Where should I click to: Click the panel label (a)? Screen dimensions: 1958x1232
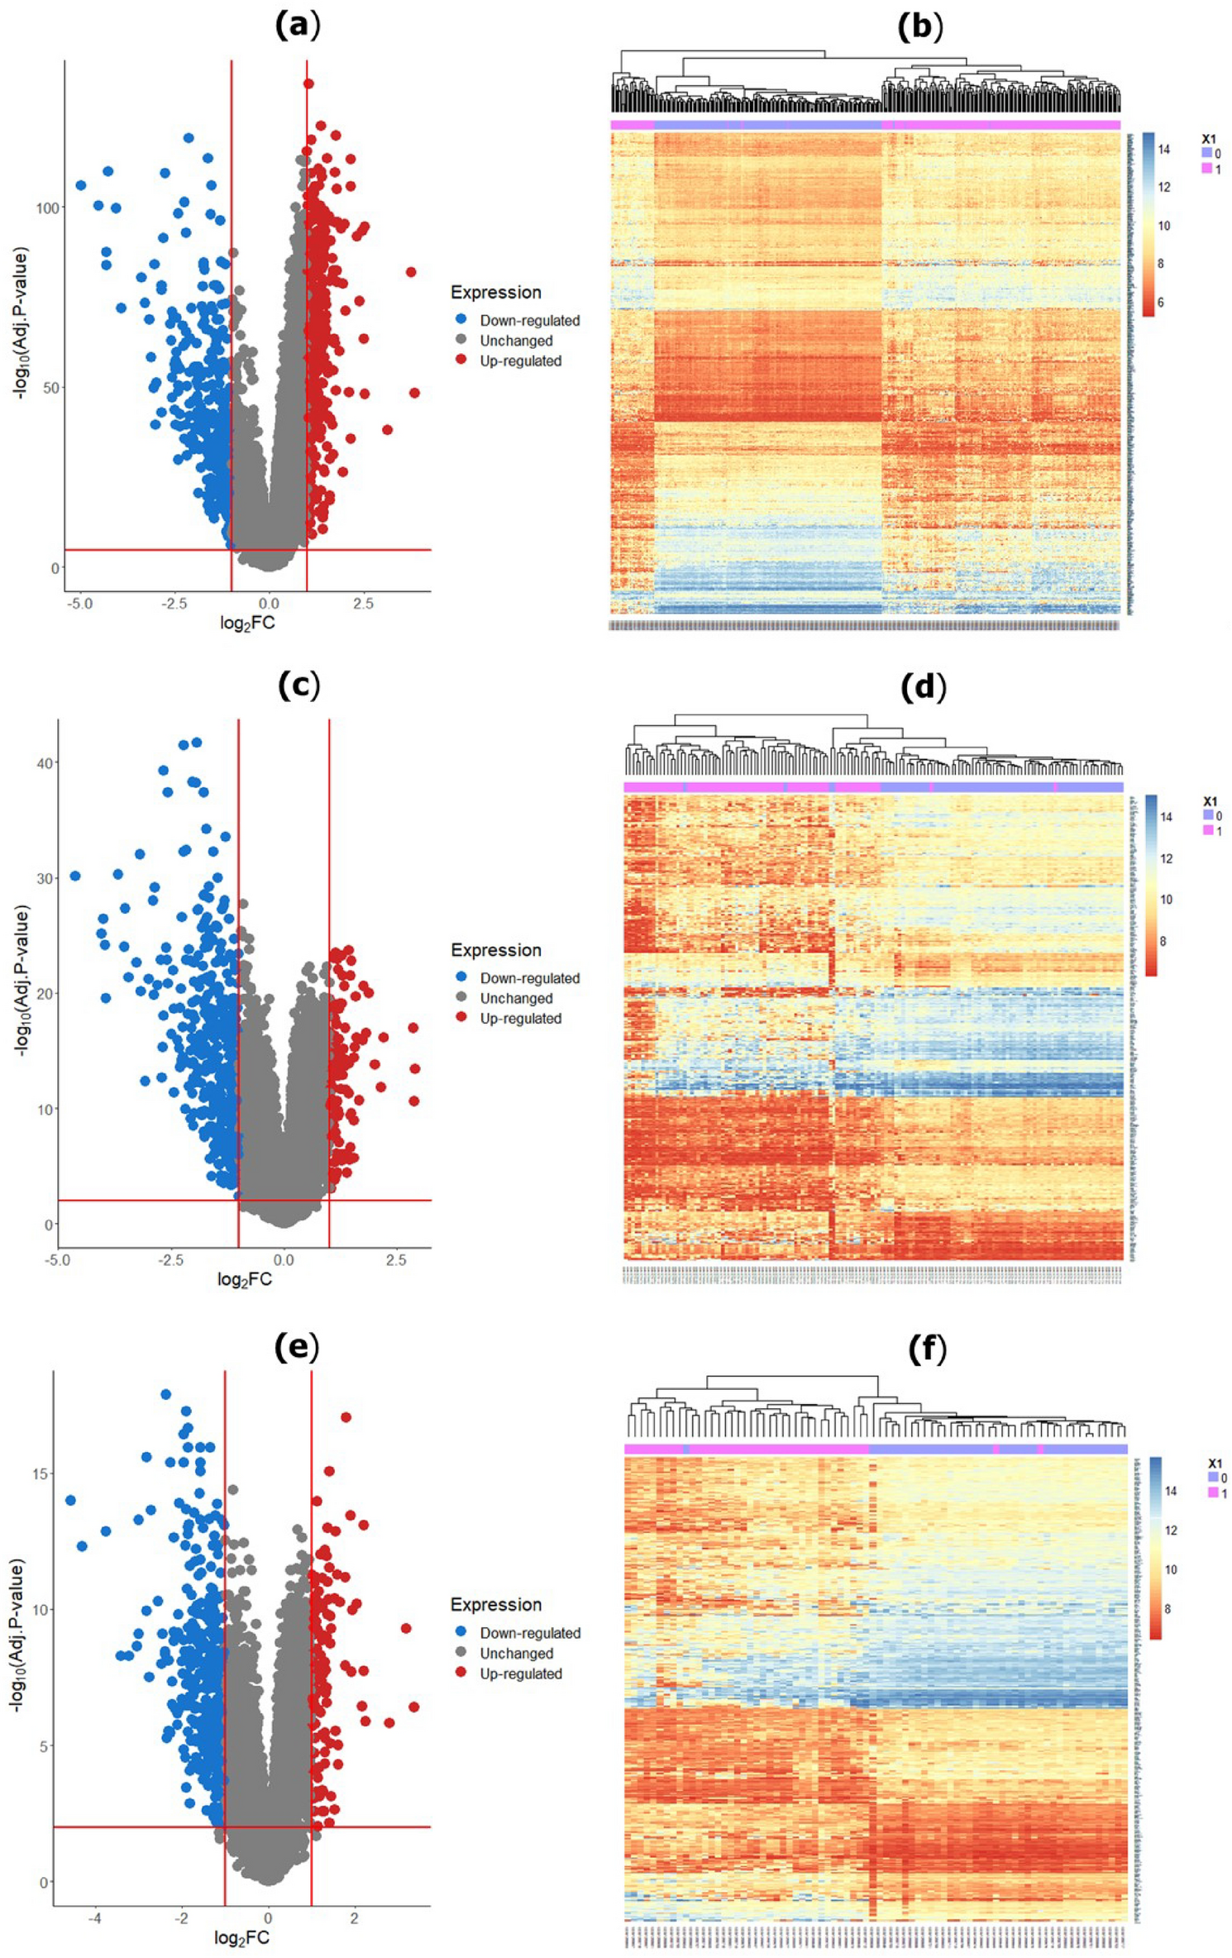point(298,26)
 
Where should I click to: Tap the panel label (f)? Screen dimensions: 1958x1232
point(926,1349)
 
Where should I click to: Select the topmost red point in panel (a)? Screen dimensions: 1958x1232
point(308,84)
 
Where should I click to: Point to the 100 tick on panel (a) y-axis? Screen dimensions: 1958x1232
point(48,208)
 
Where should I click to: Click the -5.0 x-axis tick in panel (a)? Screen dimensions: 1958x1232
point(80,604)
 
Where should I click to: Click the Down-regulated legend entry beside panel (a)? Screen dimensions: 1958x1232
point(529,321)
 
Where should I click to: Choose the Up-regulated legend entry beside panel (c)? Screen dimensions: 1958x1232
point(520,1019)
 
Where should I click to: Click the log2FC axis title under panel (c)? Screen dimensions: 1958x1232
point(245,1280)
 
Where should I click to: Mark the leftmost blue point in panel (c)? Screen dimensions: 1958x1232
point(75,876)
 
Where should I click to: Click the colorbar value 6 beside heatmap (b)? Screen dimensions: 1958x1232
point(1160,303)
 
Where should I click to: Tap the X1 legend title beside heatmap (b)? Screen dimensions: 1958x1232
point(1209,139)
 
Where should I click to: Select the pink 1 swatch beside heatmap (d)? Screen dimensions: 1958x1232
point(1207,830)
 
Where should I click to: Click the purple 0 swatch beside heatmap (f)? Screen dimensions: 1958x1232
point(1213,1477)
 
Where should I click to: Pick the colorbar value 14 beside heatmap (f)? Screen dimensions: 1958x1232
point(1171,1491)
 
